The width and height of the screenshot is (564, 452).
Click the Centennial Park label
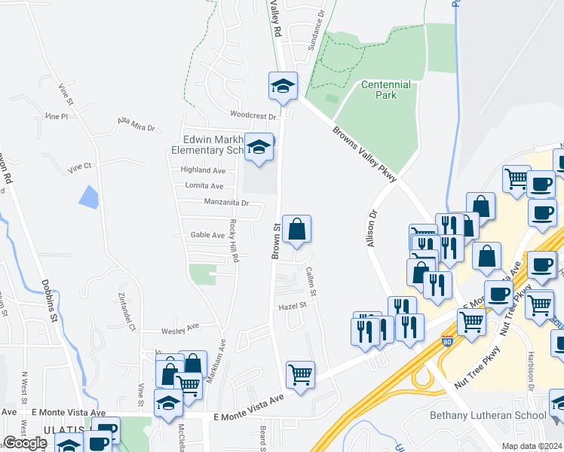(385, 90)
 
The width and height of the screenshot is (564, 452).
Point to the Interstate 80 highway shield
(446, 343)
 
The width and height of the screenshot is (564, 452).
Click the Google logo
(25, 442)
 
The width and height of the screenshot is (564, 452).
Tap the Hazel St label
(293, 306)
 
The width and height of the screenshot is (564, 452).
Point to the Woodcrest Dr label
(253, 115)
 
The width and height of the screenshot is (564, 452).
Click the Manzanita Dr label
(226, 202)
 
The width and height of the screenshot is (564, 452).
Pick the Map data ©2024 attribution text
(532, 445)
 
